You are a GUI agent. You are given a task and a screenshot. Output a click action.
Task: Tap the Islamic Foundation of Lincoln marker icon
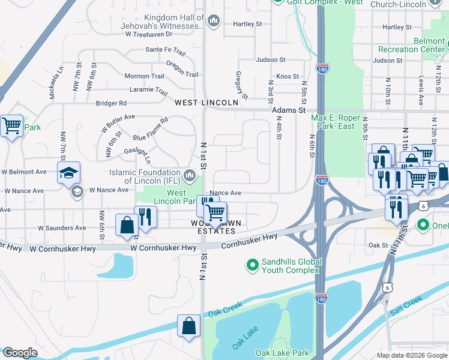[x=190, y=176]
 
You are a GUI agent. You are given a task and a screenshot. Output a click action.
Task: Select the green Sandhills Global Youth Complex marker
[x=253, y=264]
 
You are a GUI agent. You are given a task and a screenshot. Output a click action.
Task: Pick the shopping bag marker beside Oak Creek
[x=189, y=326]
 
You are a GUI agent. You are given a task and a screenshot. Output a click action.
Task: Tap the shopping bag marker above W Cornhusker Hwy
[x=128, y=226]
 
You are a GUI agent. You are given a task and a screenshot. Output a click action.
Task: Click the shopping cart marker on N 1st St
[x=214, y=211]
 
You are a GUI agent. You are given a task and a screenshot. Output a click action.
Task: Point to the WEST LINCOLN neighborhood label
[x=206, y=103]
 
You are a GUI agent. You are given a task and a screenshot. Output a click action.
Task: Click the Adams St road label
[x=289, y=110]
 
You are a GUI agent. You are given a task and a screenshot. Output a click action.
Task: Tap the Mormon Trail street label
[x=143, y=76]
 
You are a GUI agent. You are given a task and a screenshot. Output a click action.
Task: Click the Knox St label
[x=287, y=76]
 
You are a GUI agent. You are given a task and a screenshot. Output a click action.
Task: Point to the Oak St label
[x=378, y=245]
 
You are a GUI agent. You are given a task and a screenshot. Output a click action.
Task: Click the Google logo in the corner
[x=20, y=353]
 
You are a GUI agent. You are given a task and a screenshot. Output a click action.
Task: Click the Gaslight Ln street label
[x=136, y=151]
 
